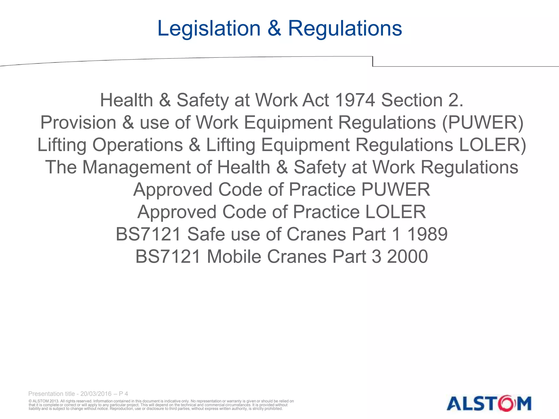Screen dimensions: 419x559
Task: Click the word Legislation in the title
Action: [209, 28]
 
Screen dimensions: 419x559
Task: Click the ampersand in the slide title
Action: [274, 28]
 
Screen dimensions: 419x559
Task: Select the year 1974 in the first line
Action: [355, 100]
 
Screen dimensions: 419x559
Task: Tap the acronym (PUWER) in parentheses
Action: [483, 122]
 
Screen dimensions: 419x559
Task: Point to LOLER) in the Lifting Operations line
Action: [492, 145]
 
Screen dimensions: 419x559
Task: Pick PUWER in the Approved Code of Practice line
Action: [396, 190]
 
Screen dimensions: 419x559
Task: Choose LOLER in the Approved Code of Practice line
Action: [395, 212]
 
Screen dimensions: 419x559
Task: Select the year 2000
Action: [407, 257]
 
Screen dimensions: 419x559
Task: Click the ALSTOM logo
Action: [489, 403]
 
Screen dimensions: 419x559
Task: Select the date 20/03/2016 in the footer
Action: [96, 394]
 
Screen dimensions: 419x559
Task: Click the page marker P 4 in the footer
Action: [123, 394]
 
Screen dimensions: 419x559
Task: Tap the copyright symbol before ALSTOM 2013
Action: [30, 401]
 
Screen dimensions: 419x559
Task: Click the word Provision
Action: [78, 122]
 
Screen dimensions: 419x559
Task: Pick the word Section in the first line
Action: [412, 100]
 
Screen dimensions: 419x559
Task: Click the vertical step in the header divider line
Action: [373, 61]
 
